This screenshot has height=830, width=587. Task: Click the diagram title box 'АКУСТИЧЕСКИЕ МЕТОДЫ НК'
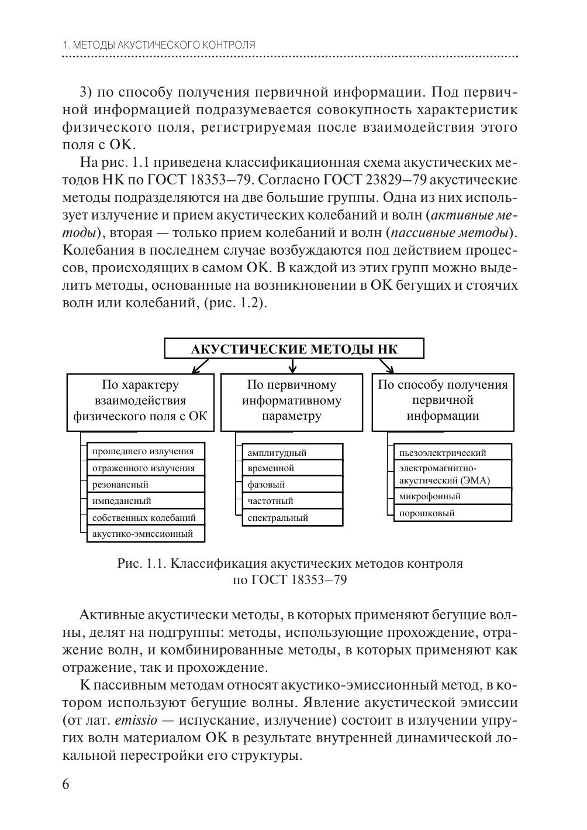tap(294, 349)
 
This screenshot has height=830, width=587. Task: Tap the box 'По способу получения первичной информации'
tap(443, 401)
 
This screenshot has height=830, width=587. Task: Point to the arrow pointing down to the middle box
tap(293, 366)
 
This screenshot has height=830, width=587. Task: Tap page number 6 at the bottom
tap(65, 784)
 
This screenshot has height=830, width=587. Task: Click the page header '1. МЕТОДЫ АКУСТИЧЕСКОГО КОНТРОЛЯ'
tap(158, 45)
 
